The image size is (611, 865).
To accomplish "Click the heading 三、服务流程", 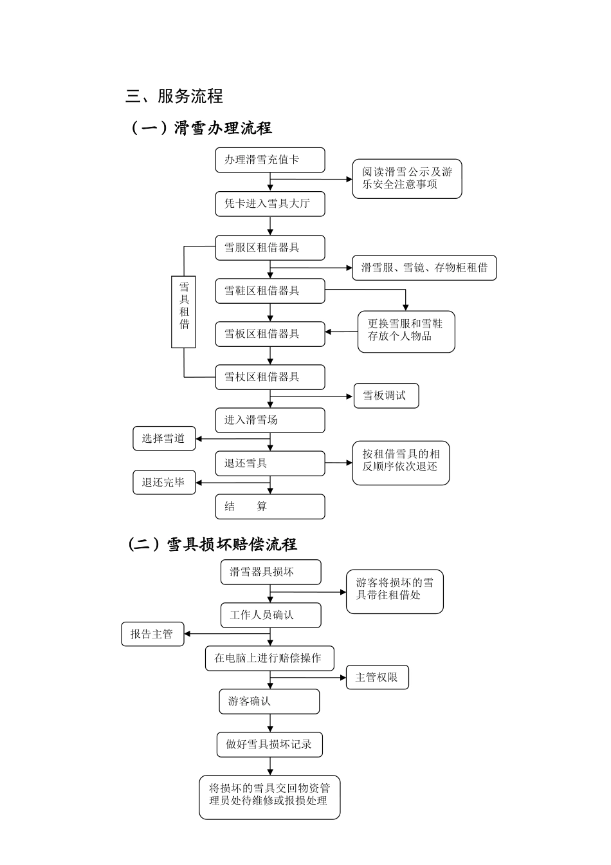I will coord(174,97).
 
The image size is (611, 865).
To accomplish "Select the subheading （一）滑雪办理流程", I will coord(201,128).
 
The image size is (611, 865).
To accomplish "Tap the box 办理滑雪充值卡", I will coord(269,160).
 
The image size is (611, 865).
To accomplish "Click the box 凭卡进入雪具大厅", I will coord(269,204).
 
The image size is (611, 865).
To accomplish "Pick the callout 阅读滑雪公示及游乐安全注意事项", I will coord(406,178).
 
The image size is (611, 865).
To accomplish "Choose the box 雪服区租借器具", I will coord(269,248).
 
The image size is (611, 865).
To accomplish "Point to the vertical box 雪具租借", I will coord(183,312).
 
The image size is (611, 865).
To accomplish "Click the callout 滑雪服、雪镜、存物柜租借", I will coord(424,268).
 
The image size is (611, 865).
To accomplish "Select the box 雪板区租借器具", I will coord(269,334).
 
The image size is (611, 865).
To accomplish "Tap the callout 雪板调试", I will coord(386,396).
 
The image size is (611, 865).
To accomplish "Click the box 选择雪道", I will coord(164,439).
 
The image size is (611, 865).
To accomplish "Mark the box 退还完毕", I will coord(164,483).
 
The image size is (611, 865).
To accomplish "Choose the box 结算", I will coord(269,507).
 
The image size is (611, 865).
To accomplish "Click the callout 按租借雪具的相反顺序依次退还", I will coord(401,463).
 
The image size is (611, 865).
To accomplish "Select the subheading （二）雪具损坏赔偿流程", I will coord(213,544).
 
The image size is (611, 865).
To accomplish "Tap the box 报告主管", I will coord(152,634).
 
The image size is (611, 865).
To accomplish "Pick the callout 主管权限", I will coord(377,677).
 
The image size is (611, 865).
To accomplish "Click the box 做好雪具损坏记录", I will coord(269,745).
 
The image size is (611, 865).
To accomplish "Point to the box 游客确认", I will coord(269,702).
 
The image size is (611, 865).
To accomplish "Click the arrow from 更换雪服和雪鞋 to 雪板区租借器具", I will coord(342,332).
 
